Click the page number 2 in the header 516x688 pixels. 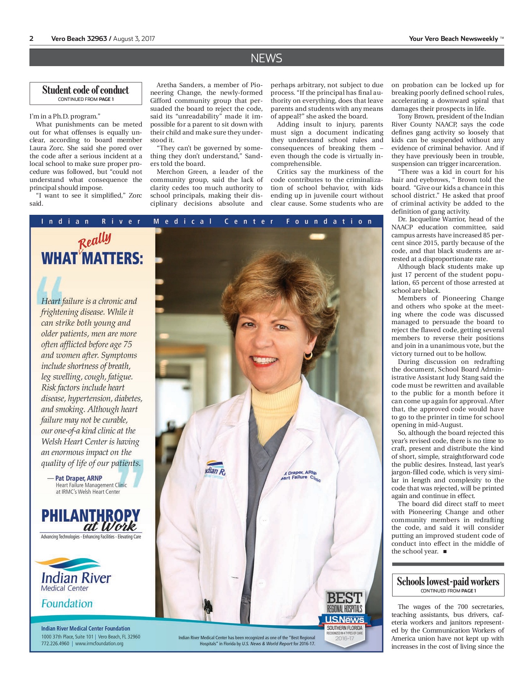point(31,39)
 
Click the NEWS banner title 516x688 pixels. point(266,58)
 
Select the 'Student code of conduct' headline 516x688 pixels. point(86,90)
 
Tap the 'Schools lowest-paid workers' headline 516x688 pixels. point(448,582)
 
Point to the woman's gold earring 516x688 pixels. point(308,356)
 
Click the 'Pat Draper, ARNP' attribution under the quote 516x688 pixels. point(78,478)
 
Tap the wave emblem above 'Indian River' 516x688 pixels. point(68,564)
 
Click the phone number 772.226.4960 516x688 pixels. point(55,644)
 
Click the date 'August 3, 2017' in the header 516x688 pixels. point(134,39)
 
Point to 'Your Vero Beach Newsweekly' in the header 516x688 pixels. point(453,39)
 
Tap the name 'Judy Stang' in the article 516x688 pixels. point(463,378)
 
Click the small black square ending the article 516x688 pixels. point(445,552)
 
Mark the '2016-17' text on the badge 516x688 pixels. point(344,638)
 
